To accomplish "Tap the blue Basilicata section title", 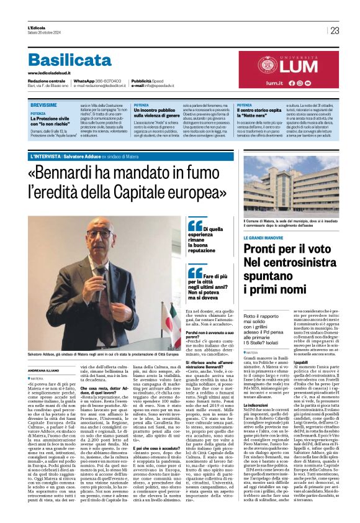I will coord(69,60).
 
